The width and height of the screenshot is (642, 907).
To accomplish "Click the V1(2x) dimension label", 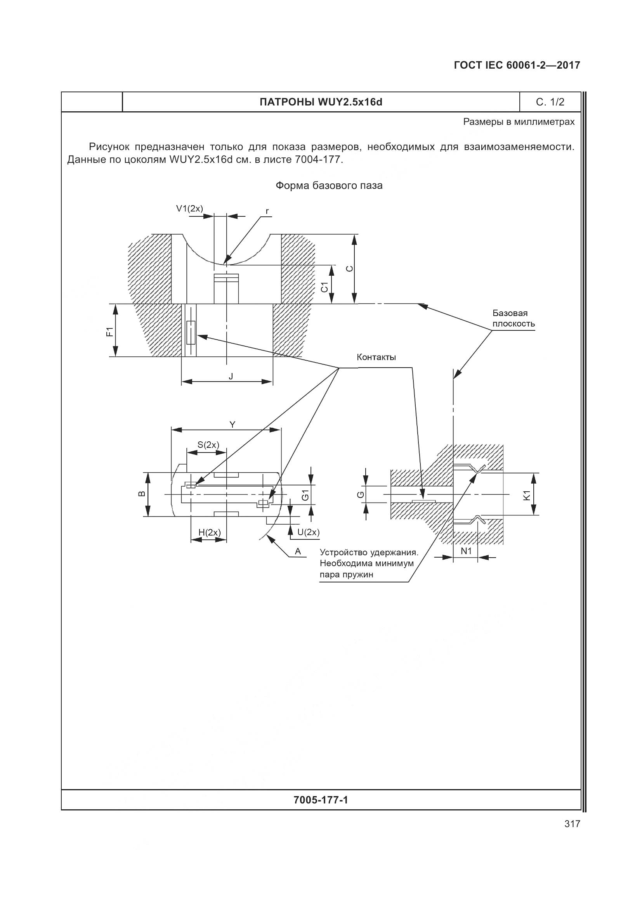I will click(189, 208).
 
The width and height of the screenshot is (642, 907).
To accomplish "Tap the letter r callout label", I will click(267, 211).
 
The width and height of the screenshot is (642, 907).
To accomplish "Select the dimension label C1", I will click(324, 287).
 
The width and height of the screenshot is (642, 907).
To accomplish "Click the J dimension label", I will click(231, 376).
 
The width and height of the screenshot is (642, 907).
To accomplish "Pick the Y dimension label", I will click(233, 425).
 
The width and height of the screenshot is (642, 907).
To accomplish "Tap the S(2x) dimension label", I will click(208, 445).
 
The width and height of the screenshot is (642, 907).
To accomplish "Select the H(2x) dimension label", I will click(210, 532).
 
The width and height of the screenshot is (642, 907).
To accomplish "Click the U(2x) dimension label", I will click(308, 532).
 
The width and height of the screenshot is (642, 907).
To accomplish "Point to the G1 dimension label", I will click(305, 494).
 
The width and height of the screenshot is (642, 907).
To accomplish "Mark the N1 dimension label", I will click(466, 551).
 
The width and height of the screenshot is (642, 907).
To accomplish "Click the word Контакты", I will click(376, 358).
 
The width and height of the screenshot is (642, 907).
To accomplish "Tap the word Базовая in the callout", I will click(510, 313).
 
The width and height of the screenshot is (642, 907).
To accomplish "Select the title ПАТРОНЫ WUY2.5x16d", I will click(321, 103).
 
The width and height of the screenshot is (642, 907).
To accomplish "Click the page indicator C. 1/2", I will click(550, 102).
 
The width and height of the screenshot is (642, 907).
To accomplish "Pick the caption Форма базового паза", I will click(329, 186).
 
